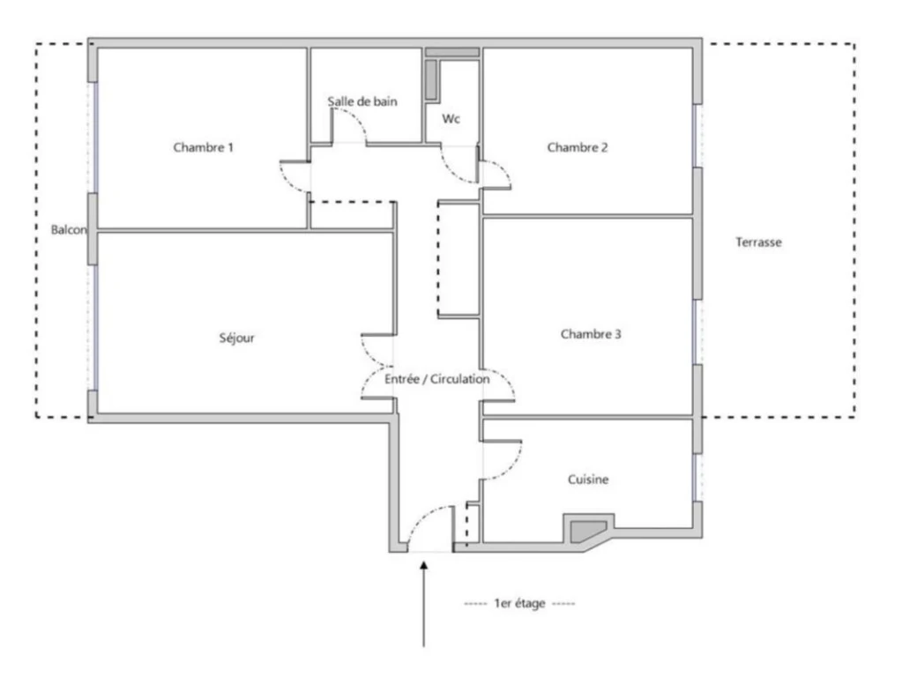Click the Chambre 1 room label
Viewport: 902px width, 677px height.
click(203, 147)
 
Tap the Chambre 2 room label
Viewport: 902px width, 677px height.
click(577, 147)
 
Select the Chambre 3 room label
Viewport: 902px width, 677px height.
click(591, 333)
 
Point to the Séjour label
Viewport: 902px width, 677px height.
click(236, 338)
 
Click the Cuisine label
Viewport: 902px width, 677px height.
click(588, 480)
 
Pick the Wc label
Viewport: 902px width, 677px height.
click(451, 118)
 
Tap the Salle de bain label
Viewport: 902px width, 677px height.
click(362, 101)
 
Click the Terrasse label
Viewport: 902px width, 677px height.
click(758, 242)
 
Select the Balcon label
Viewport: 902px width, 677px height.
click(69, 229)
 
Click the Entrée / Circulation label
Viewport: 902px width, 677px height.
click(437, 378)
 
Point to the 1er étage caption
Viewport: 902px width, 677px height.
click(519, 603)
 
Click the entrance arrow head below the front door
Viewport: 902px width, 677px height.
click(424, 566)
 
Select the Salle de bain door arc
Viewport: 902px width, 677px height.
click(355, 116)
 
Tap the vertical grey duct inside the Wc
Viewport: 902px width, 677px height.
click(431, 79)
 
